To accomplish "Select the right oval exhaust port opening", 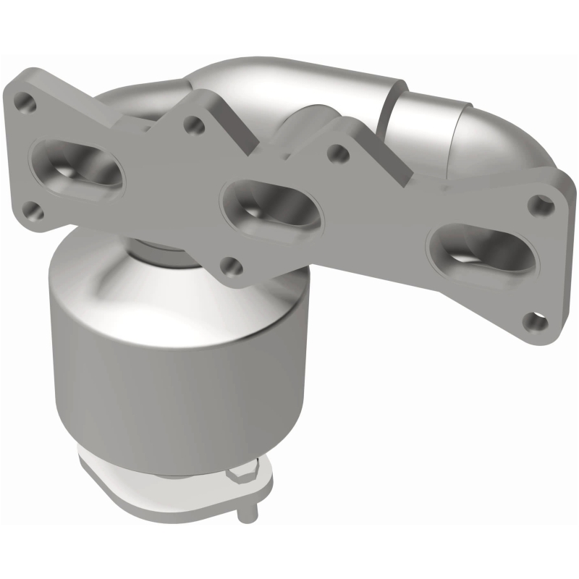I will click(481, 250).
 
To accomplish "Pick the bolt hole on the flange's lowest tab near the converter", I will click(231, 265).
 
